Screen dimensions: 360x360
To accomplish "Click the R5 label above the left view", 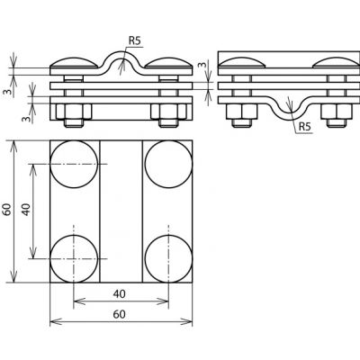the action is [x=134, y=41].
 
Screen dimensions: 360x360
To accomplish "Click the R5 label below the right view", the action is [x=304, y=127].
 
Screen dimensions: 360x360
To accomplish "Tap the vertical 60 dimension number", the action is [x=7, y=210].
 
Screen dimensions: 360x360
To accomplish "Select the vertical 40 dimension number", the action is [x=26, y=210].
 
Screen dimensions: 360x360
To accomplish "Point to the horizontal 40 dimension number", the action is [x=120, y=294].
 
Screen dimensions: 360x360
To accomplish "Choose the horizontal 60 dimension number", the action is [x=120, y=314].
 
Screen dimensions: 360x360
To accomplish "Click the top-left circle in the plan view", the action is [x=74, y=164].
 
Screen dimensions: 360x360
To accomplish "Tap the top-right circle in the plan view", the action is [x=168, y=164].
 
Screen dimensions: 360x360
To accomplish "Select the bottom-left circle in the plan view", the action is [x=74, y=258].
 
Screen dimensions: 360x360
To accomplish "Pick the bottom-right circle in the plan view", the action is [x=168, y=258].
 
